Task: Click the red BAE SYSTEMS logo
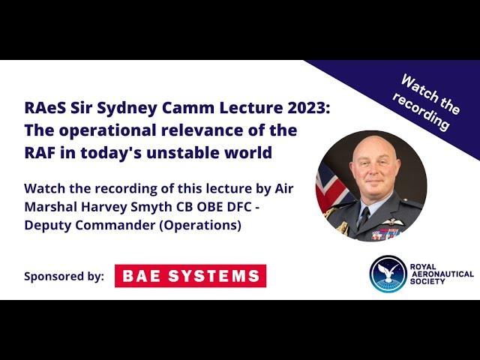190,276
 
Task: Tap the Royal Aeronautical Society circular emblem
388,274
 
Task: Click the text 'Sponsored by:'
64,277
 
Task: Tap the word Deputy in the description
47,226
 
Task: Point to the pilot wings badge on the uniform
393,222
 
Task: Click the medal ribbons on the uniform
386,235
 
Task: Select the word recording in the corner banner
421,111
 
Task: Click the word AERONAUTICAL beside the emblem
442,274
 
